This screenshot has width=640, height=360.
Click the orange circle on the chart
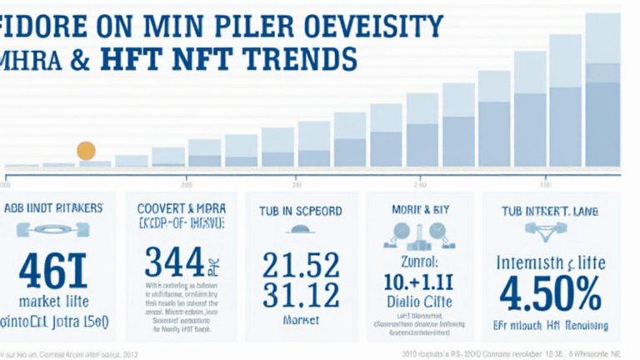(86, 150)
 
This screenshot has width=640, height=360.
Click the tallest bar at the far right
(602, 92)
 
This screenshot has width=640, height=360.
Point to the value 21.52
(300, 265)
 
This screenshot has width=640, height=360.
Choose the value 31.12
(300, 293)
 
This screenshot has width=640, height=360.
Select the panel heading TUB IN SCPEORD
(301, 211)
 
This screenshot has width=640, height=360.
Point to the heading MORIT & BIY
(419, 211)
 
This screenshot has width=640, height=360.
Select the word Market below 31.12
(300, 319)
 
